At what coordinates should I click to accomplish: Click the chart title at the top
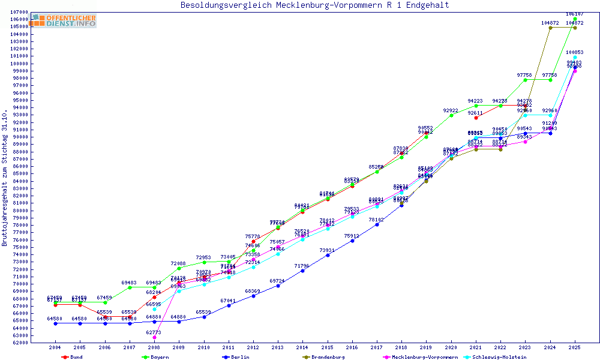coord(315,5)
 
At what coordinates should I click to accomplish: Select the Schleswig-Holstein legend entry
coord(500,357)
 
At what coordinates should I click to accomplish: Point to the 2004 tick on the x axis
coord(55,347)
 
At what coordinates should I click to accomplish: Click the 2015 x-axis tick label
coord(327,347)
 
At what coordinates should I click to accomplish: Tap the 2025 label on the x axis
coord(575,347)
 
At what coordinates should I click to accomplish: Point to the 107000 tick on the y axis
coord(20,12)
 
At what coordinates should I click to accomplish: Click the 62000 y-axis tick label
coord(20,343)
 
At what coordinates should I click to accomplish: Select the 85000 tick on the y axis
coord(20,173)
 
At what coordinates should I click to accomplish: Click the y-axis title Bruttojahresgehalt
coord(5,178)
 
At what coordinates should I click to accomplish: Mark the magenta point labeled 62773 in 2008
coord(154,337)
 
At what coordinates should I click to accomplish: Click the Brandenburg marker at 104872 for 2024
coord(550,28)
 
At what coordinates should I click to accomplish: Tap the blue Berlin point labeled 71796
coord(302,271)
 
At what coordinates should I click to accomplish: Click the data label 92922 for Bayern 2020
coord(451,110)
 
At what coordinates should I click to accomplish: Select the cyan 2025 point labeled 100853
coord(575,58)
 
